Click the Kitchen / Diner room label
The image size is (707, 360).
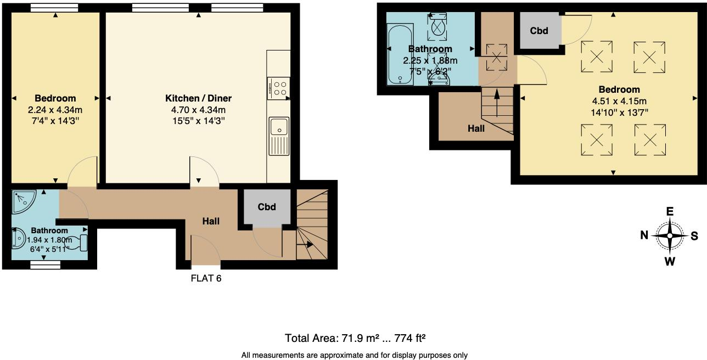(x=198, y=98)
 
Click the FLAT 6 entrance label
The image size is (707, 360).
(x=206, y=278)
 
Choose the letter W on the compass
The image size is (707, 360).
(x=670, y=261)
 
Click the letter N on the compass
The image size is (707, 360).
(x=644, y=236)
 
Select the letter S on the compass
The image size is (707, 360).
(x=694, y=236)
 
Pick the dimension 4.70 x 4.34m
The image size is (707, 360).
(x=198, y=110)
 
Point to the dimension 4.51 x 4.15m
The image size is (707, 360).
(x=619, y=101)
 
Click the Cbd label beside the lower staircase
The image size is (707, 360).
(x=266, y=207)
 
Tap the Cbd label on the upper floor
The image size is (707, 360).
(x=539, y=31)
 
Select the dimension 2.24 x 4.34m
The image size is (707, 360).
(x=55, y=110)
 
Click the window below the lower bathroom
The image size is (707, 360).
(x=45, y=265)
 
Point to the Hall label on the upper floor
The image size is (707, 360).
(x=476, y=128)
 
